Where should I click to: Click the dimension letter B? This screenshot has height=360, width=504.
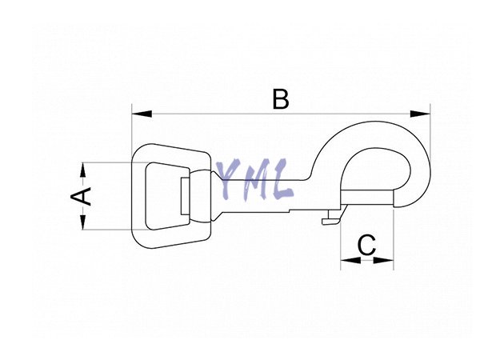pyautogui.click(x=281, y=99)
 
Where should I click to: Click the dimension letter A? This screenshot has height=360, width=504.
pyautogui.click(x=81, y=196)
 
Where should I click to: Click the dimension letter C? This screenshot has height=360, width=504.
pyautogui.click(x=366, y=245)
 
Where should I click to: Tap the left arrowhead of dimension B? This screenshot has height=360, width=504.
pyautogui.click(x=142, y=114)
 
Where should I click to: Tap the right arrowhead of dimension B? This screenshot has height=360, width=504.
pyautogui.click(x=420, y=114)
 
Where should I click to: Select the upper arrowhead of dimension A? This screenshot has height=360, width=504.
pyautogui.click(x=83, y=170)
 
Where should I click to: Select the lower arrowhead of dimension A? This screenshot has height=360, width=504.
pyautogui.click(x=83, y=222)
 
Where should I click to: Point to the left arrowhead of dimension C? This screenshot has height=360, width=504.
pyautogui.click(x=350, y=260)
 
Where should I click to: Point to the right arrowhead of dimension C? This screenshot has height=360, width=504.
pyautogui.click(x=383, y=260)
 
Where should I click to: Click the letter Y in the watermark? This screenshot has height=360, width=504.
pyautogui.click(x=229, y=177)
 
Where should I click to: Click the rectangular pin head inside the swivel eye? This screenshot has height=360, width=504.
pyautogui.click(x=185, y=195)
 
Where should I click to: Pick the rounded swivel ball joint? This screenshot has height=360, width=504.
pyautogui.click(x=200, y=196)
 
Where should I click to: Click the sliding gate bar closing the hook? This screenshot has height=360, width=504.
pyautogui.click(x=367, y=198)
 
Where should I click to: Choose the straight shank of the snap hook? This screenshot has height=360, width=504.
pyautogui.click(x=257, y=196)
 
